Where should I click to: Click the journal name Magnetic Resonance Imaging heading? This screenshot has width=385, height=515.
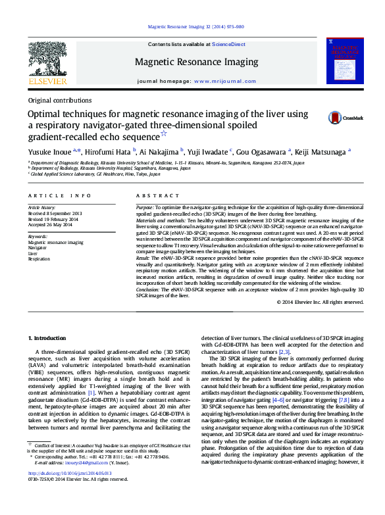pyautogui.click(x=196, y=62)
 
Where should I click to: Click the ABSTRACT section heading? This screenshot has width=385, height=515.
pyautogui.click(x=152, y=196)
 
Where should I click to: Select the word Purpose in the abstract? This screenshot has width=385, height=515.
pyautogui.click(x=146, y=207)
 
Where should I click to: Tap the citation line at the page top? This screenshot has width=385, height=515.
pyautogui.click(x=195, y=27)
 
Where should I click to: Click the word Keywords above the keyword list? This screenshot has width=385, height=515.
pyautogui.click(x=38, y=237)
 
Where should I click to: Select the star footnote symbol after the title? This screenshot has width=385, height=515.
pyautogui.click(x=182, y=134)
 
